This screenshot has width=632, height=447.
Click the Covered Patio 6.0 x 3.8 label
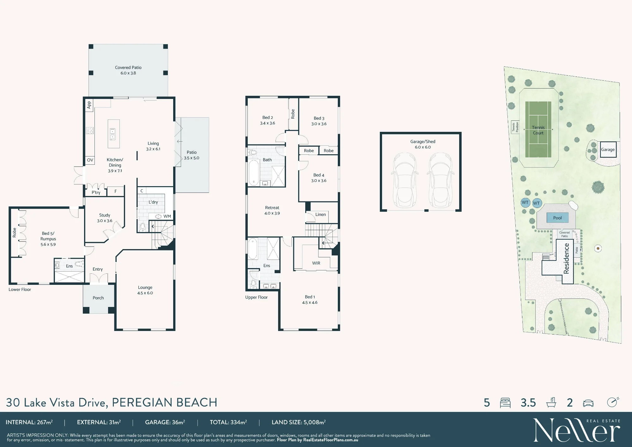pos(128,70)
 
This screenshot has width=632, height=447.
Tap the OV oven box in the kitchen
pos(90,160)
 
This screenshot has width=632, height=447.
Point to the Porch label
pos(98,298)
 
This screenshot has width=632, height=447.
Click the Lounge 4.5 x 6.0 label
pos(145,290)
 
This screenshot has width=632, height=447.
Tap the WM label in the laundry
pos(167,216)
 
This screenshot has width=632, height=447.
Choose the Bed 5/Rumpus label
pos(48,239)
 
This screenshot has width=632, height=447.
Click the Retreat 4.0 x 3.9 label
pos(272,211)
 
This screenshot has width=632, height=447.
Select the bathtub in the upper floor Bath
pos(253,173)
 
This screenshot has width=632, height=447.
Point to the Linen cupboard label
pos(320,214)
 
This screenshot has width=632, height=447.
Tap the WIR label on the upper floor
pos(316,263)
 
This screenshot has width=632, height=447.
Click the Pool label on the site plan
pos(557,218)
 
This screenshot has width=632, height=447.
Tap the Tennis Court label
pos(538,130)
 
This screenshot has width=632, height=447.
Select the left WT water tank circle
pos(525,202)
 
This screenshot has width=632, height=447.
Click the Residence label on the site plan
pos(566,258)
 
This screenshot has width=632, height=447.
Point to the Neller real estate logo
pos(577,430)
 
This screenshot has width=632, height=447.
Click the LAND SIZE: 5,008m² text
pos(299,422)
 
